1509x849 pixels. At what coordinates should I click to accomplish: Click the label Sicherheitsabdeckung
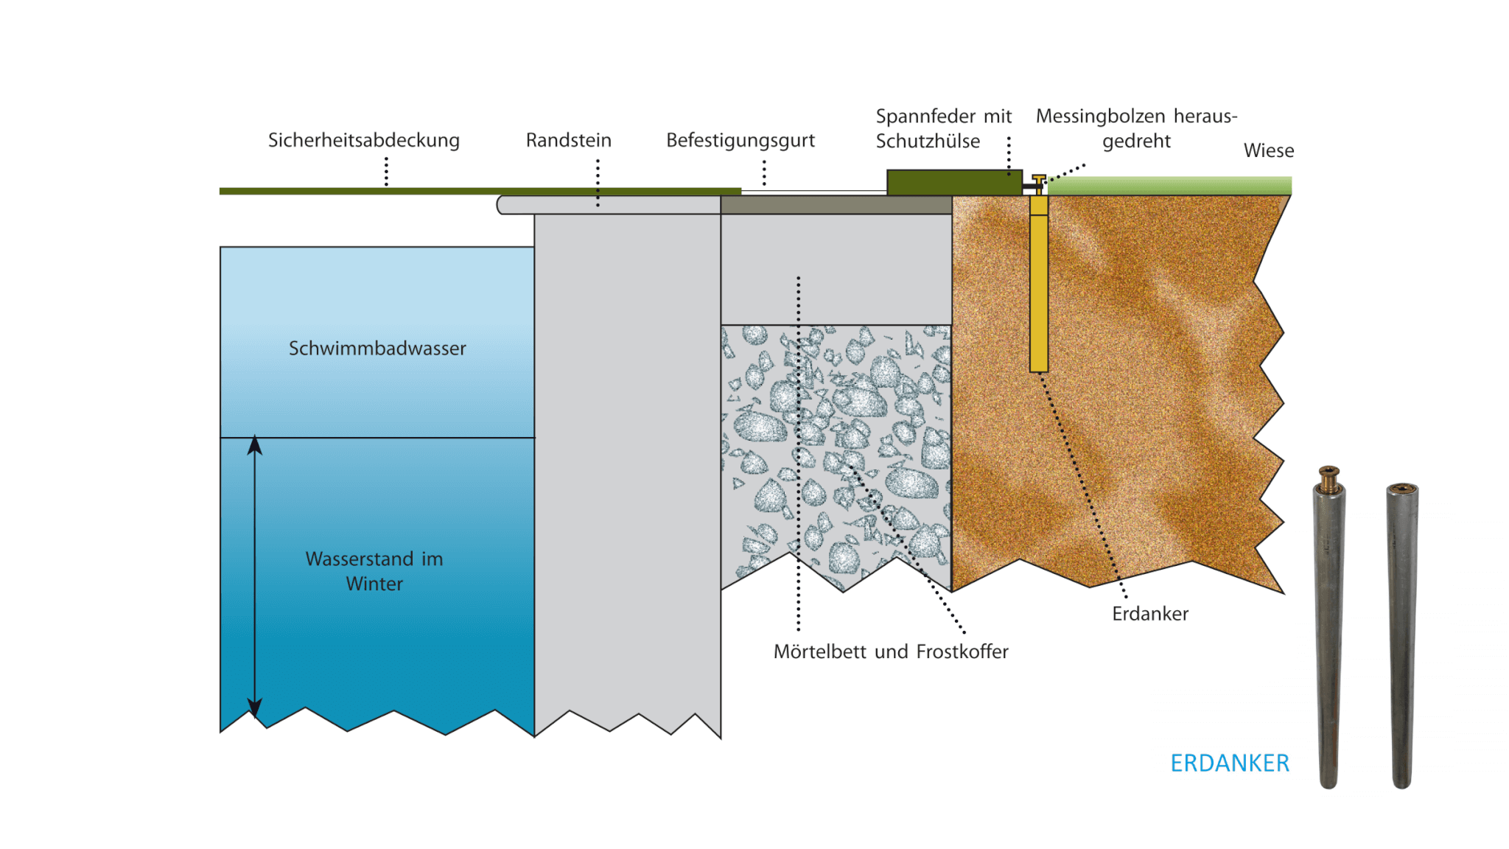tap(363, 140)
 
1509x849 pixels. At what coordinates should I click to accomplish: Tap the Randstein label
tap(568, 140)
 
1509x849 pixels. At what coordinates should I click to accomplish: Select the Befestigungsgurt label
tap(740, 140)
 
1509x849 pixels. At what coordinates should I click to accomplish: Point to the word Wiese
tap(1268, 150)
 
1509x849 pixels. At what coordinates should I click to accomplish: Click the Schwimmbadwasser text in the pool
tap(377, 348)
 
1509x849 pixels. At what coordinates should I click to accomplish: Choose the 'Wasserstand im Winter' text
tap(374, 571)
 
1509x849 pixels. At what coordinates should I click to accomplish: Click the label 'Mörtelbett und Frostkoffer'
tap(890, 651)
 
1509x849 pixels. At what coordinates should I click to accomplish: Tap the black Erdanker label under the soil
tap(1149, 613)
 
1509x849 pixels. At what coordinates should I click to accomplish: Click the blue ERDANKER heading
tap(1229, 763)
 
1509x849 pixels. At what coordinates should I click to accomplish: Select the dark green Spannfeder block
tap(953, 182)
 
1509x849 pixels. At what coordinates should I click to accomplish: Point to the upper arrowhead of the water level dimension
tap(255, 444)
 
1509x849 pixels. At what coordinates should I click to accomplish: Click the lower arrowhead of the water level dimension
tap(255, 709)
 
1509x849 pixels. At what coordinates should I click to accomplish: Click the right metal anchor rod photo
tap(1401, 634)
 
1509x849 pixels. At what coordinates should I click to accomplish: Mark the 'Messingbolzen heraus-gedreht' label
tap(1135, 128)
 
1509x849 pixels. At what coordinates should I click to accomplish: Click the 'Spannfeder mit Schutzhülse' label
tap(942, 128)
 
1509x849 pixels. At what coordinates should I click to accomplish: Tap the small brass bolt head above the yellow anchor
tap(1038, 179)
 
